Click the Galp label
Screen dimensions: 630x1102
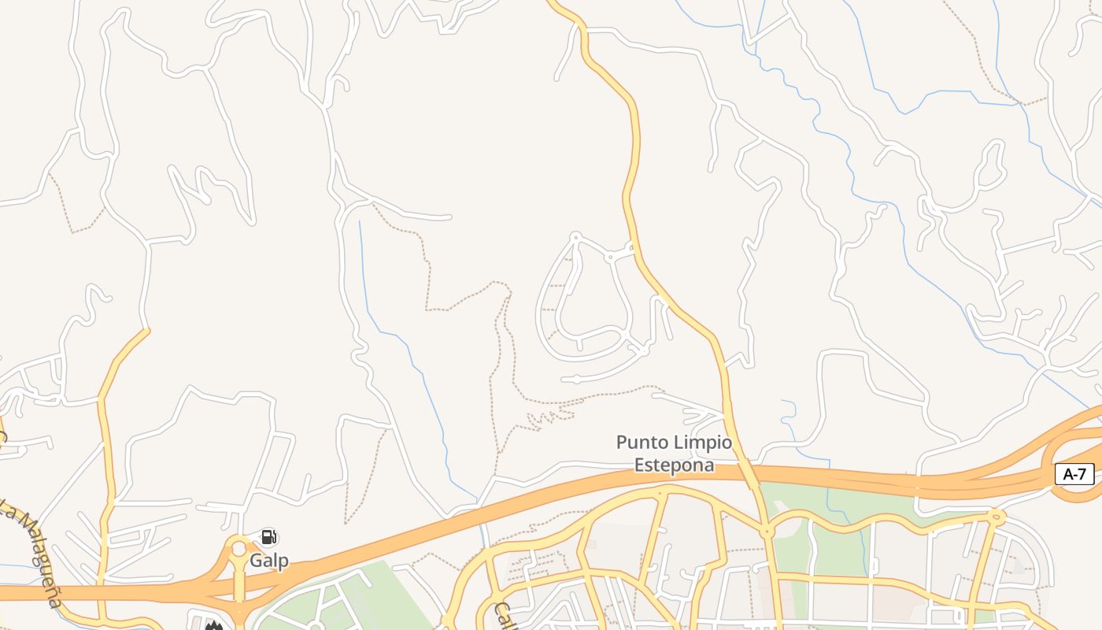tap(269, 561)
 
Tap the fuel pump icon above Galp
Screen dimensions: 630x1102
tap(268, 538)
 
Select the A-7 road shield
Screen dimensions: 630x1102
tap(1074, 474)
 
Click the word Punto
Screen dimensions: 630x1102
tap(644, 443)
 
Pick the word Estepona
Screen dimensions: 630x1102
tap(675, 465)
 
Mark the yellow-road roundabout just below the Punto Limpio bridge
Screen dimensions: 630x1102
tap(767, 533)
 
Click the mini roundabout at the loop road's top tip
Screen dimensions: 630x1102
tap(575, 236)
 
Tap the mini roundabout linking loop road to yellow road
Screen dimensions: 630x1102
tap(609, 257)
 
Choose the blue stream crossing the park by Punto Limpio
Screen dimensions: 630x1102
tap(828, 504)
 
